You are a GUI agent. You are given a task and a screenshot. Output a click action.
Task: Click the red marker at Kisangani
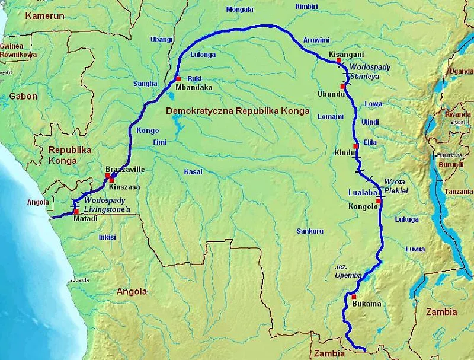click(338, 60)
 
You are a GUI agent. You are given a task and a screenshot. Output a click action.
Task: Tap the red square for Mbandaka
click(177, 79)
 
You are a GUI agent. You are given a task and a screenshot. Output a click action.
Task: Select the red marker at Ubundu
click(342, 87)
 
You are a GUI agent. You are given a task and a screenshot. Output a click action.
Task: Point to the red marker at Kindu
click(356, 146)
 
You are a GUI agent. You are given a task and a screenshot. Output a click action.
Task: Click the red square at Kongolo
click(379, 200)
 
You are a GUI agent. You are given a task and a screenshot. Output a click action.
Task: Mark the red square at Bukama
click(354, 297)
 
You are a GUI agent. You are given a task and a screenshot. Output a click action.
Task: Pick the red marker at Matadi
click(76, 211)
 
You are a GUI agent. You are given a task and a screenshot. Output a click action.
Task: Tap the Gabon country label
click(23, 96)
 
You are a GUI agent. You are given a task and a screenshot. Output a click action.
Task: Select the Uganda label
click(462, 71)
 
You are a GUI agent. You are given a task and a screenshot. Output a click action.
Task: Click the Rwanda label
click(458, 114)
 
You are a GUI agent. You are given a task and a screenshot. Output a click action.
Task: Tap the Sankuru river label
click(310, 231)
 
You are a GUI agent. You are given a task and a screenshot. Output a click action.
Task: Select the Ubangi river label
click(161, 40)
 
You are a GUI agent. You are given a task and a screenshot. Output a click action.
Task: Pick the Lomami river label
click(330, 116)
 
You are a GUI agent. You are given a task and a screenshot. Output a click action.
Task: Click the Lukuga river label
click(406, 219)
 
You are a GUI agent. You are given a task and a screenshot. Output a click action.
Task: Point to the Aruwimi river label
click(316, 40)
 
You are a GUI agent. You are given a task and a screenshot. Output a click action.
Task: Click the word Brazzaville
click(125, 170)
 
